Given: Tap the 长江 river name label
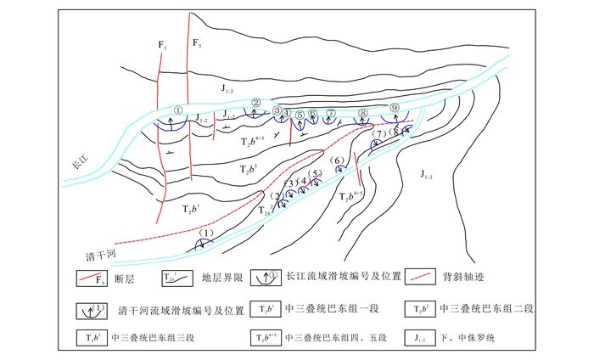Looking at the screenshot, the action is (x=79, y=168).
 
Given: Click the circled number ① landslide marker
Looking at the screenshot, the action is (x=178, y=109).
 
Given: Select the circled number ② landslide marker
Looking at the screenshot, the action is (x=255, y=104).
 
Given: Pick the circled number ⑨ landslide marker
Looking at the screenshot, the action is (x=395, y=107).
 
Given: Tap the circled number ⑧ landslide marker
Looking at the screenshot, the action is (x=363, y=112).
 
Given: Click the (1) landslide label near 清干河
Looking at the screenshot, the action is (x=205, y=233).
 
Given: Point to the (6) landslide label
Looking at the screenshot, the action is (x=337, y=160).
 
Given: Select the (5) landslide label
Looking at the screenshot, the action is (x=316, y=174).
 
